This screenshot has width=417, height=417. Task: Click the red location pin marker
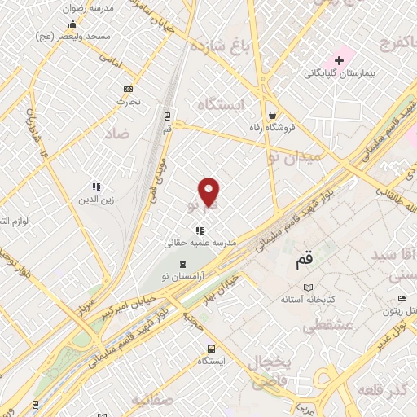tap(210, 191)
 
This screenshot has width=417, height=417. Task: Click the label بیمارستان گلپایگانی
tap(359, 74)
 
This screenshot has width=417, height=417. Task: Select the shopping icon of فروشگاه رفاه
tap(272, 115)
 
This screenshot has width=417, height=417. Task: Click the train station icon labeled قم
tap(167, 116)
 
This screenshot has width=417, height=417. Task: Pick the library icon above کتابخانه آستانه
tap(307, 287)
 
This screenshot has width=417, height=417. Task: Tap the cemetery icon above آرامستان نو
tap(181, 264)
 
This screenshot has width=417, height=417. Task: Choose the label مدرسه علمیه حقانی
tap(200, 243)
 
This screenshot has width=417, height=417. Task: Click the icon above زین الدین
tap(96, 187)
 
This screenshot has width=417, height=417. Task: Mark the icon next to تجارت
tap(128, 89)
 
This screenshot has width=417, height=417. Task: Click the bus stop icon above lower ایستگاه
tap(211, 348)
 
